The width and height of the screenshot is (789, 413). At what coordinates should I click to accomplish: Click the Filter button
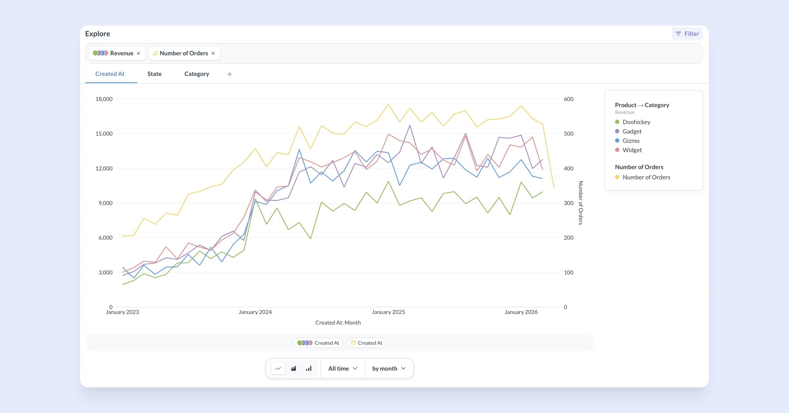[687, 34]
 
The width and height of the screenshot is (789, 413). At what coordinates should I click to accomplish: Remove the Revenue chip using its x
[138, 53]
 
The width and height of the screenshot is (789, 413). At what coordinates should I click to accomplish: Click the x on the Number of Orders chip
[213, 53]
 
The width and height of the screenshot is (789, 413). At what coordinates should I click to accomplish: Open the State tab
[154, 74]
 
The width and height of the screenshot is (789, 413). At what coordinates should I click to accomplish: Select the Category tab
[197, 74]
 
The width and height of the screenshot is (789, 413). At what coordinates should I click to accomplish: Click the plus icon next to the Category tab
[229, 74]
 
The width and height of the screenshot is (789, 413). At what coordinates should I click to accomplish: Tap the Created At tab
[110, 74]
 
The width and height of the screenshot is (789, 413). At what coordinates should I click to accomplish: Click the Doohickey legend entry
[636, 122]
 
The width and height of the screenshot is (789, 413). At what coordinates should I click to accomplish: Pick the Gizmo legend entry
[631, 141]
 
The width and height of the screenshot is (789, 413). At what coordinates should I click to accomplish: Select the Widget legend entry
[632, 150]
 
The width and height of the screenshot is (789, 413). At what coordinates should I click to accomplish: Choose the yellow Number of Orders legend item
[646, 177]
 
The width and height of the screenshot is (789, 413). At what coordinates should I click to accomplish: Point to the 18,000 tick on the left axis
[104, 99]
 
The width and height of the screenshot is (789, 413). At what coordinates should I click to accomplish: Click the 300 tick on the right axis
[568, 203]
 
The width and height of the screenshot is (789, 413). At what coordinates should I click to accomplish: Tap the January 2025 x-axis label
[388, 312]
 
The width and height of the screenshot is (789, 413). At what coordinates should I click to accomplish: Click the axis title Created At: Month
[338, 323]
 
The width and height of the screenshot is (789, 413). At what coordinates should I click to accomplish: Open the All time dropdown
[343, 368]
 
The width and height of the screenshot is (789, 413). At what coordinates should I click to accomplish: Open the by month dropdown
[389, 368]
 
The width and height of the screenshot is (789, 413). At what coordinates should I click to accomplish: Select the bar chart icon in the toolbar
[309, 368]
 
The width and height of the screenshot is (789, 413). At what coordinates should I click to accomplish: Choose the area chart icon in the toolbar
[294, 368]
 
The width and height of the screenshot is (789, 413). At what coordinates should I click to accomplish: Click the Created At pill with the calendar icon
[367, 343]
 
